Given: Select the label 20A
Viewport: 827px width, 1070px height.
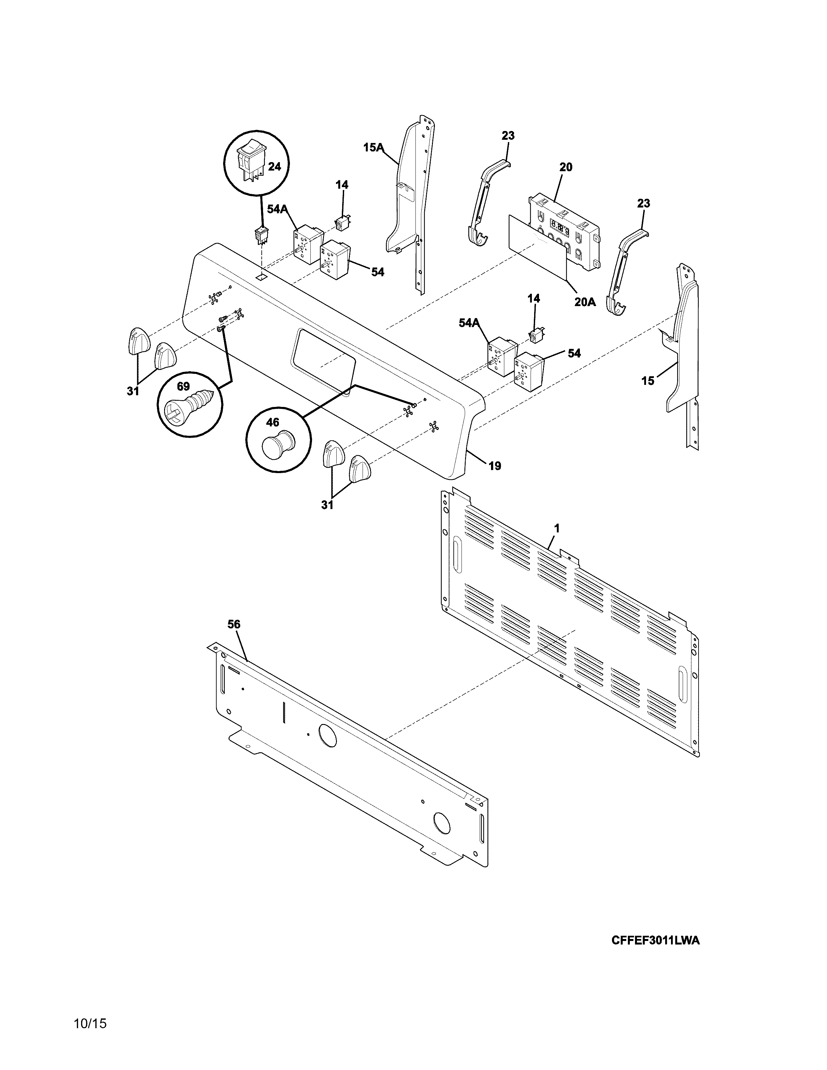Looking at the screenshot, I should [585, 302].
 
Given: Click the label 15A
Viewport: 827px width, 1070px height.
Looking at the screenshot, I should [373, 147].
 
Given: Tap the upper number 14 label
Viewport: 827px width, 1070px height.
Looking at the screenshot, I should [342, 185].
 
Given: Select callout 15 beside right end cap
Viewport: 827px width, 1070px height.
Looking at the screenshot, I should [648, 381].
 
